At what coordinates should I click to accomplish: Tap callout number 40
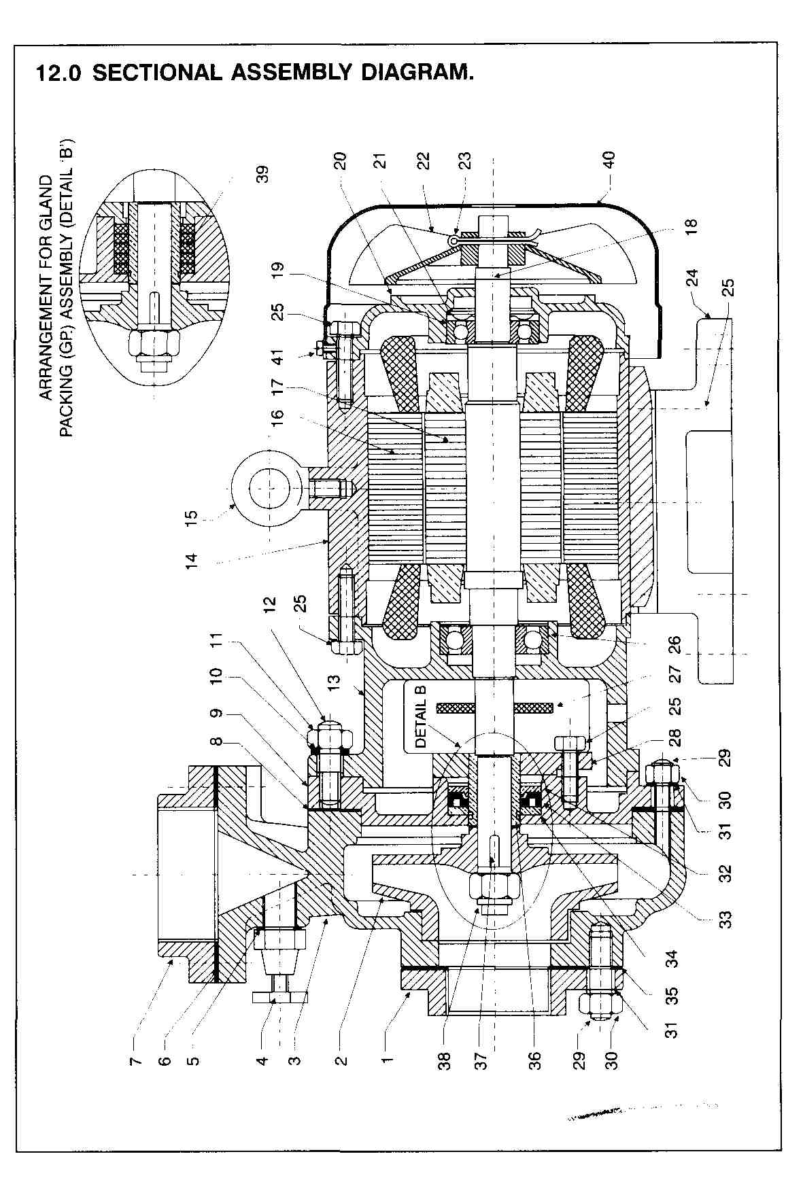[609, 160]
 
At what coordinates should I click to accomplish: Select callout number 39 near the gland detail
[264, 174]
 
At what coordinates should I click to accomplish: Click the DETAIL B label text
[420, 716]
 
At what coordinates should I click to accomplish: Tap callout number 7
[136, 1058]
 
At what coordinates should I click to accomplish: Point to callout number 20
[341, 160]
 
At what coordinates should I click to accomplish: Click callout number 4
[262, 1058]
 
